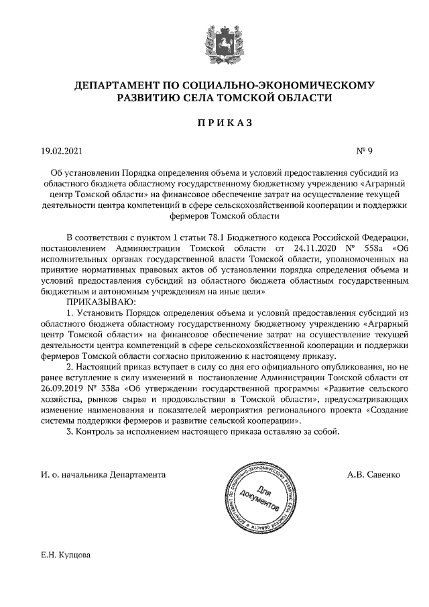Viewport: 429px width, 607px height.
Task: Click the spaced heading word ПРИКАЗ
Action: tap(214, 123)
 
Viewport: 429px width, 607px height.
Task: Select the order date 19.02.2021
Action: tap(62, 152)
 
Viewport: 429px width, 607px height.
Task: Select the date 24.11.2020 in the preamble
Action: tap(293, 248)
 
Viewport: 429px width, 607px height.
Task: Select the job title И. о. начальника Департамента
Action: tap(103, 474)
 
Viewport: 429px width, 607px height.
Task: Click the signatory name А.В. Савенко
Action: tap(373, 474)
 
